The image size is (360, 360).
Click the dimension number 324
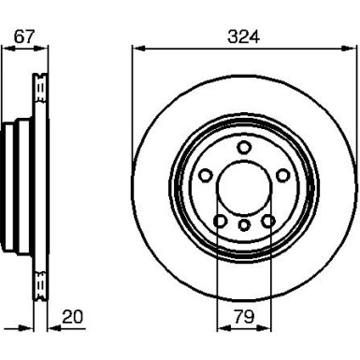coord(243,36)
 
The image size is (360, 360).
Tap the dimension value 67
coord(23,36)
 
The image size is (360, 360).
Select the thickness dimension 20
coord(73,317)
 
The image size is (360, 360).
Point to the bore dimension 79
coord(244,317)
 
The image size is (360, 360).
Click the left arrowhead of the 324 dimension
coord(138,49)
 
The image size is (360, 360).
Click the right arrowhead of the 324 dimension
coord(349,49)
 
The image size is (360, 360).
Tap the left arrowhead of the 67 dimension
coord(8,49)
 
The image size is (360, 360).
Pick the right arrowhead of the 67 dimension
coord(40,49)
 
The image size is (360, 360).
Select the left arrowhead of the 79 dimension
coord(223,328)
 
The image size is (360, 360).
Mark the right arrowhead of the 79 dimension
coord(265,328)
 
